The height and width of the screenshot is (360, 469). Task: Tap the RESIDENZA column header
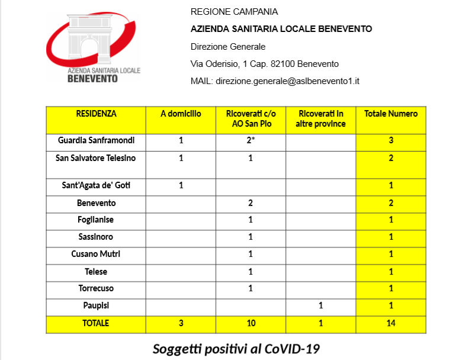(x=96, y=114)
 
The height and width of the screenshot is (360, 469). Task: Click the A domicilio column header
(x=181, y=114)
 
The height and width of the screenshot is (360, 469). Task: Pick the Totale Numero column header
(x=391, y=114)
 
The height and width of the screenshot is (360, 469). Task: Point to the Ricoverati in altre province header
(x=320, y=119)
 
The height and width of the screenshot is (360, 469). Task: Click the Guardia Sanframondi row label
(x=96, y=141)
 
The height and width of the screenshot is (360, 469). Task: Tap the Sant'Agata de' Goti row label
(x=96, y=186)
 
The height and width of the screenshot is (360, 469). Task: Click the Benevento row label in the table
(x=96, y=203)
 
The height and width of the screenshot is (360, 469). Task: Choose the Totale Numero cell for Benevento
(x=391, y=203)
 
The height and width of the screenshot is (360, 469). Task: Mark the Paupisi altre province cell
(x=320, y=306)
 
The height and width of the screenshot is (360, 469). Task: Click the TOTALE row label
(x=96, y=323)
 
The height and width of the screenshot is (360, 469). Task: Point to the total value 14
(x=391, y=323)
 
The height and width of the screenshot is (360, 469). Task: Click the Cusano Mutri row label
(x=96, y=254)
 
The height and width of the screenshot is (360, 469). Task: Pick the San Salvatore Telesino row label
(x=96, y=158)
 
